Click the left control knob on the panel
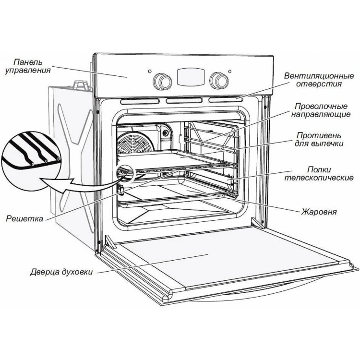(x=162, y=81)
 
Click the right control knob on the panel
(x=219, y=81)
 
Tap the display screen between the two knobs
(x=191, y=77)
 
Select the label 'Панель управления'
(x=28, y=66)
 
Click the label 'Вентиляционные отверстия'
(x=319, y=80)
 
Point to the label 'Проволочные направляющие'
(x=321, y=110)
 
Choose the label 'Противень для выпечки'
(x=319, y=139)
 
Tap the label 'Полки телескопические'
(x=319, y=174)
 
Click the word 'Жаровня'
(x=319, y=212)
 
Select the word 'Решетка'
(x=24, y=218)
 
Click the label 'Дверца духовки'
(x=61, y=272)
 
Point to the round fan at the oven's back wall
(x=134, y=144)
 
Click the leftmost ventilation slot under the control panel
(x=139, y=101)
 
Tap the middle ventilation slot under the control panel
(x=184, y=101)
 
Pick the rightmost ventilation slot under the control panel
(x=226, y=100)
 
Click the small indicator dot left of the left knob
(x=150, y=72)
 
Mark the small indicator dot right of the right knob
(x=230, y=72)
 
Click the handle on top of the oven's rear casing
(x=81, y=85)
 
